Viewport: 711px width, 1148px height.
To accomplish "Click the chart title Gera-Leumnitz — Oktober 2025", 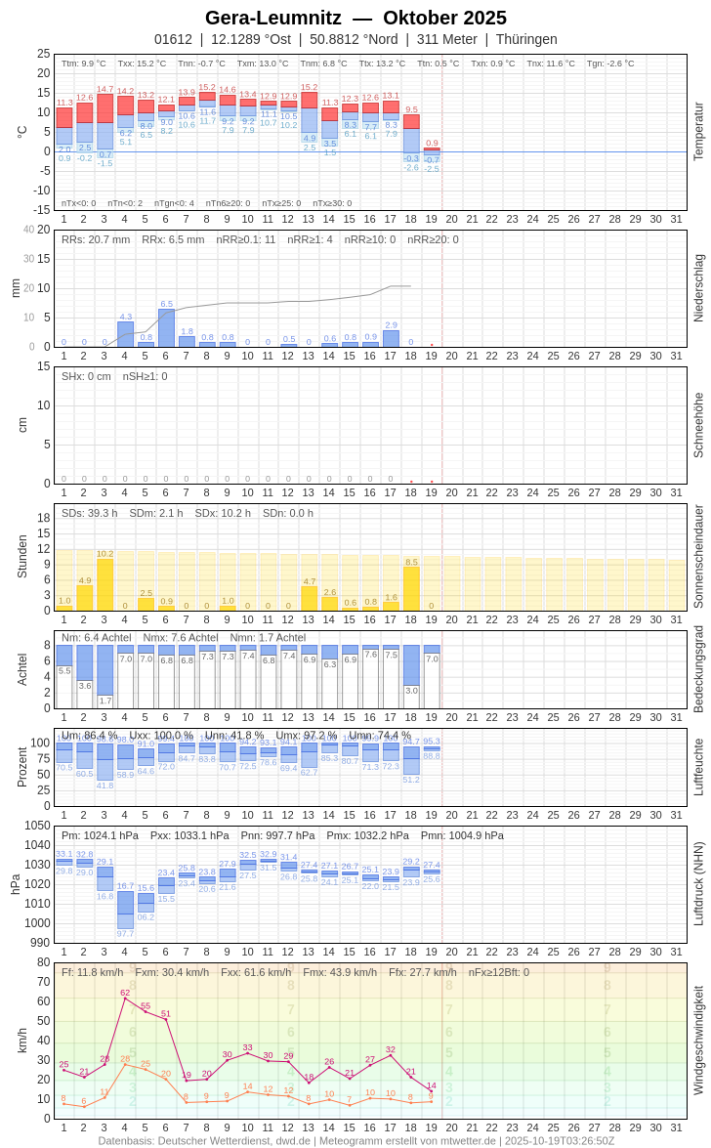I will pos(355,18).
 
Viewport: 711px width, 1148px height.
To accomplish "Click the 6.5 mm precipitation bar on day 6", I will pos(166,328).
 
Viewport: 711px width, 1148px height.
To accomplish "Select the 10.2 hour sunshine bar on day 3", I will pos(105,584).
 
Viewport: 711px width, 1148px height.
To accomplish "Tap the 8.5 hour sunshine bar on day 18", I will pos(411,588).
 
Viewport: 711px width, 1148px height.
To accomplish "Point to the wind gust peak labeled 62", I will pos(125,998).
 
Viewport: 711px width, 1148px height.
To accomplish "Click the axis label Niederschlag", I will pos(698,288).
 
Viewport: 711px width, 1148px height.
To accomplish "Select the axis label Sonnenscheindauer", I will pos(698,556).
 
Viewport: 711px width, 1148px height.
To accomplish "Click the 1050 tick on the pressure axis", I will pos(37,826).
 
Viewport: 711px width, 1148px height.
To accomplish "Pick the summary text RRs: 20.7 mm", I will pos(96,239).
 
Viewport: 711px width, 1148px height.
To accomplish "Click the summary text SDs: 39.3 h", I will pos(90,513).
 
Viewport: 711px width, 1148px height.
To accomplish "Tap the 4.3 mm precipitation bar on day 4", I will pos(125,334).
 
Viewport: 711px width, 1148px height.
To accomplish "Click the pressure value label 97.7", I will pos(125,933).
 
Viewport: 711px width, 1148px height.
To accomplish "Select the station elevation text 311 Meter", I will pos(447,39).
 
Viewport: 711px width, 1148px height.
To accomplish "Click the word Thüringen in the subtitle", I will pos(526,39).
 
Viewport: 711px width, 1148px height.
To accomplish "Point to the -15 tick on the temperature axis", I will pos(40,209).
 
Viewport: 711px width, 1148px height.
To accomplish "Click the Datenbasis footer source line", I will pos(355,1140).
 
